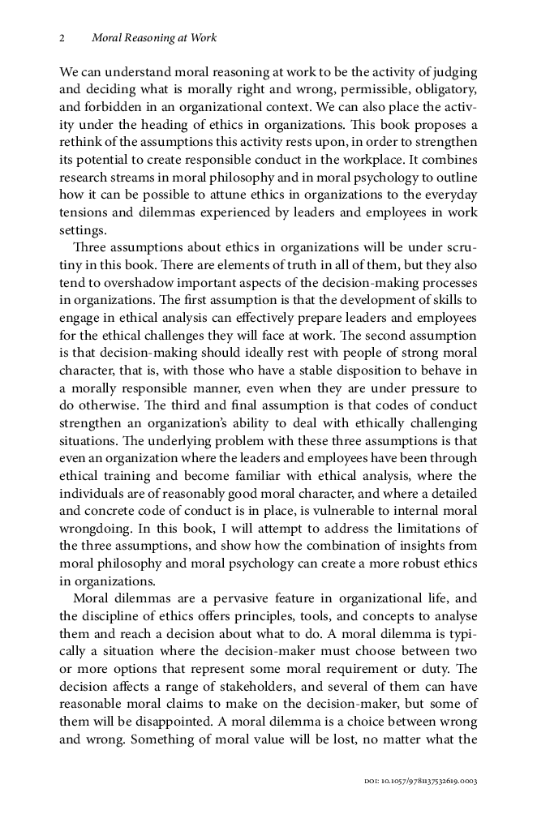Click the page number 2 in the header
pyautogui.click(x=62, y=38)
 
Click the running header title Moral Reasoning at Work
pyautogui.click(x=154, y=38)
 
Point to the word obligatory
pyautogui.click(x=443, y=88)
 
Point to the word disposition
pyautogui.click(x=320, y=370)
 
